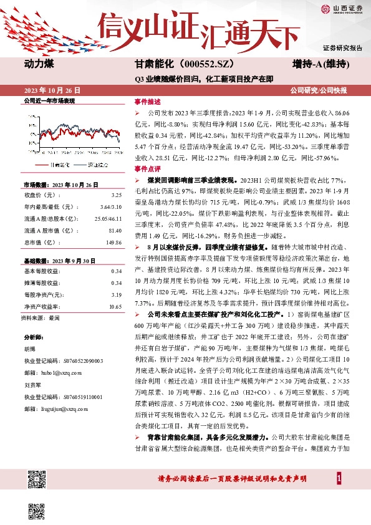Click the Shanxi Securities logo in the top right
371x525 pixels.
tap(341, 9)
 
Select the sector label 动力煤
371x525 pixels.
tap(40, 64)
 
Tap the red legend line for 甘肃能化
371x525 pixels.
tap(42, 165)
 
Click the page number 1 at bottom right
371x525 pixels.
tap(338, 478)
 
